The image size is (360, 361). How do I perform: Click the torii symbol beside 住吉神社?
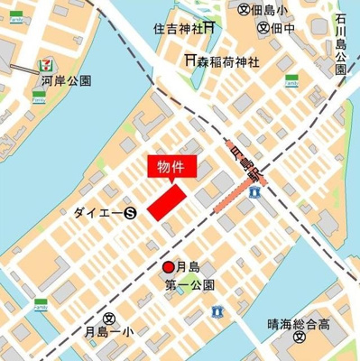coord(208,28)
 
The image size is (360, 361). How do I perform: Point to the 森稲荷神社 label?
coord(230,60)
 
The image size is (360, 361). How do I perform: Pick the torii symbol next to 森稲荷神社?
coord(191,60)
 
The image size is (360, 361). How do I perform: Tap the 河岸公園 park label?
coord(66,80)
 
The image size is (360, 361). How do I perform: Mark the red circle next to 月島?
coord(168,267)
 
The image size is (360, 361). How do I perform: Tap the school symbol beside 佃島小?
coord(244,9)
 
